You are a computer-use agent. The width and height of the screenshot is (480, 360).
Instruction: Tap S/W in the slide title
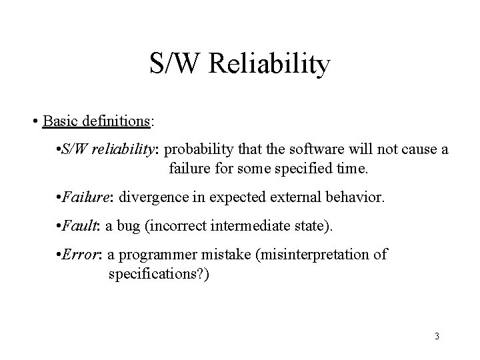(175, 65)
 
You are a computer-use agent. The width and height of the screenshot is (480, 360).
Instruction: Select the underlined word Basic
(59, 122)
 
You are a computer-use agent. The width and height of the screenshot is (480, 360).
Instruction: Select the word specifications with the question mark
(158, 273)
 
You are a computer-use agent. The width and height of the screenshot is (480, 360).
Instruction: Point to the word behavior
(351, 198)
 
